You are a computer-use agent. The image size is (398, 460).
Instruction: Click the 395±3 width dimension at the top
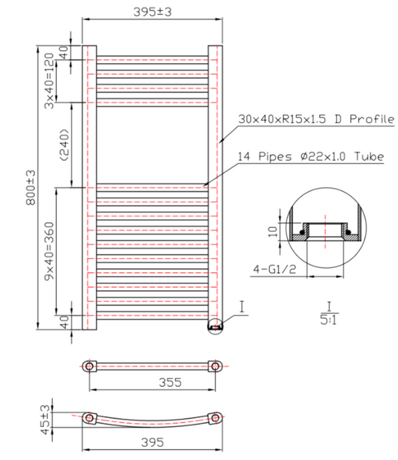(x=152, y=12)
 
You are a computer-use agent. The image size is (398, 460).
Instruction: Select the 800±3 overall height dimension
(x=31, y=187)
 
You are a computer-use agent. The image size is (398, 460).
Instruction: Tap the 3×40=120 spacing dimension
(x=49, y=81)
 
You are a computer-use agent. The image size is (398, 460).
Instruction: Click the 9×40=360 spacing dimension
(x=49, y=251)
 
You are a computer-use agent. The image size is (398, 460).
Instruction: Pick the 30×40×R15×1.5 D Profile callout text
(x=316, y=119)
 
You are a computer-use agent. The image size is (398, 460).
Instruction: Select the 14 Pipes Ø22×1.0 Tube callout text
(x=311, y=156)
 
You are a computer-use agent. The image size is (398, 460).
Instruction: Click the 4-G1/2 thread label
(x=275, y=269)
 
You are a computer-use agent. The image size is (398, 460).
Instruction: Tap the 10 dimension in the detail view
(x=273, y=232)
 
